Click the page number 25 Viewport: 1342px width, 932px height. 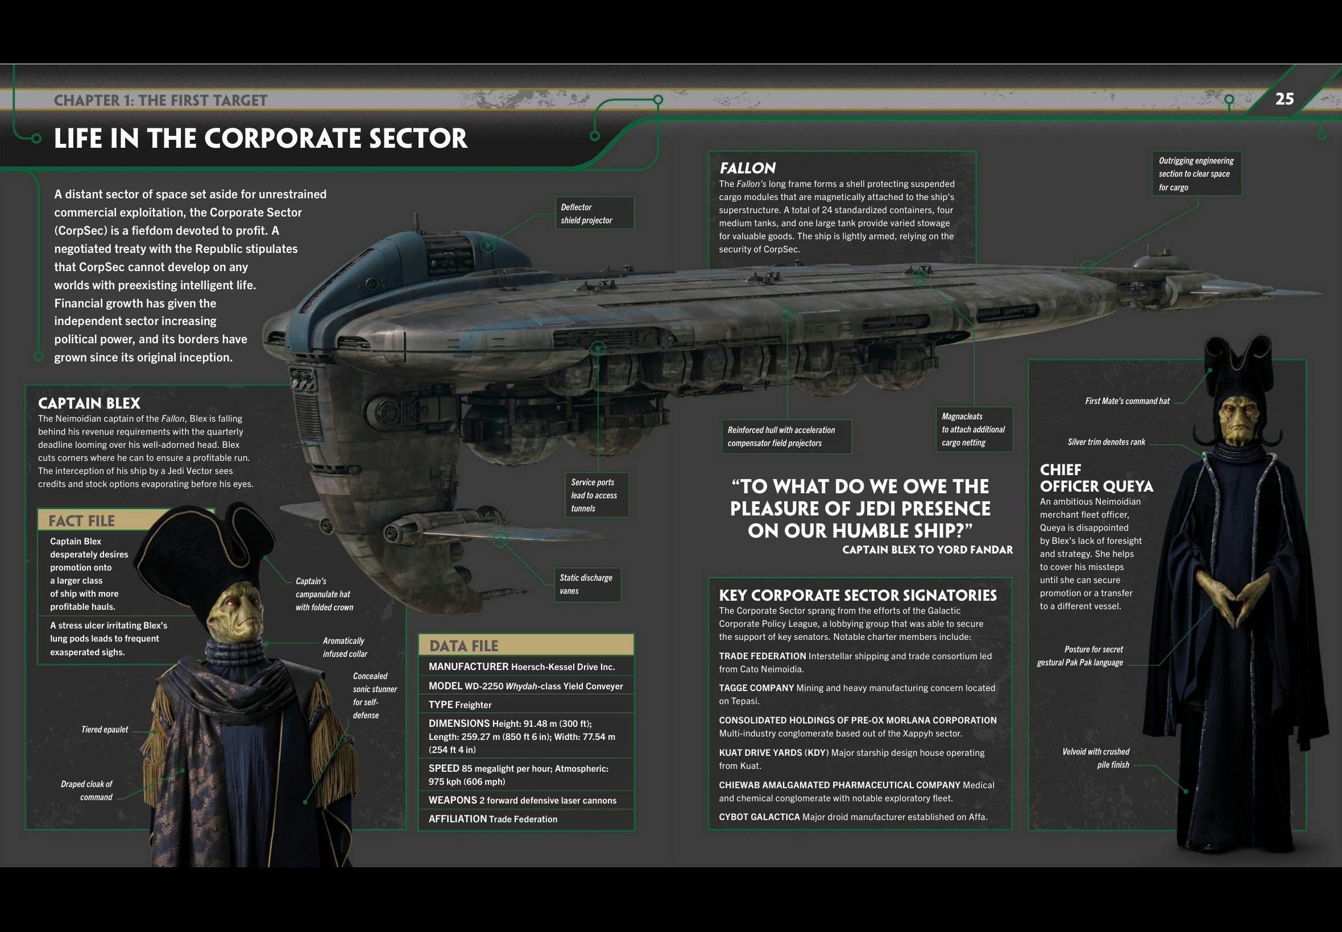click(1284, 99)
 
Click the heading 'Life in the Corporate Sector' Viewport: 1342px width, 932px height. click(260, 139)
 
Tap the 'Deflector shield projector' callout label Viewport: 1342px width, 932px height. click(594, 214)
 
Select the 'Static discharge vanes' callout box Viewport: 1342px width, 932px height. click(587, 585)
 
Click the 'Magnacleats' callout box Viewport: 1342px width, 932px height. click(974, 429)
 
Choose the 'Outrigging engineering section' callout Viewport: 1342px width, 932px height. click(1196, 174)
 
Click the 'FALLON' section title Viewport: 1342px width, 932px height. click(748, 168)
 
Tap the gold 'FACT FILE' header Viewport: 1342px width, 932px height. click(82, 521)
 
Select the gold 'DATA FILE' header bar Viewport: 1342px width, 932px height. click(526, 645)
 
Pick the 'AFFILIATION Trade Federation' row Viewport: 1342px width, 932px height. click(493, 819)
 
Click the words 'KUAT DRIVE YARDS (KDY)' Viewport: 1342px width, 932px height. click(773, 753)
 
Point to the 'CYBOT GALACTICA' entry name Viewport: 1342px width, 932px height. click(759, 817)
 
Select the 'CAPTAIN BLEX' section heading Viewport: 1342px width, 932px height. click(89, 403)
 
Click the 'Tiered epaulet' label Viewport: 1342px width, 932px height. click(105, 729)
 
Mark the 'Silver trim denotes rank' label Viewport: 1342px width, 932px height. click(1106, 442)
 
